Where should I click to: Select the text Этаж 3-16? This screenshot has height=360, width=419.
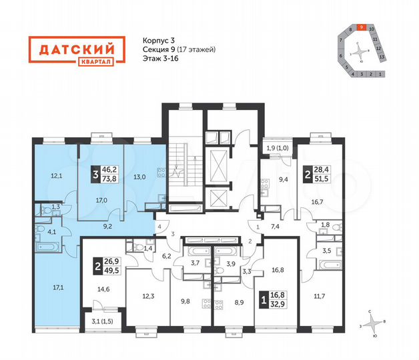click(x=161, y=59)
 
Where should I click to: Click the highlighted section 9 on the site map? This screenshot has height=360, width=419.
click(x=361, y=28)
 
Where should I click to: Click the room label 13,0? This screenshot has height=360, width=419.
click(x=139, y=177)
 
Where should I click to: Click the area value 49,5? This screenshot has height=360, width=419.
click(x=113, y=272)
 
